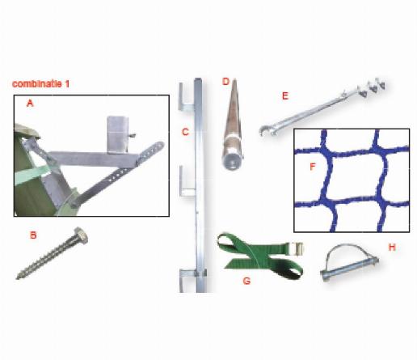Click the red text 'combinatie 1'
click(40, 84)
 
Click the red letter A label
click(30, 103)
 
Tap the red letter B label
click(33, 235)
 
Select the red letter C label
click(185, 132)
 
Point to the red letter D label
click(225, 81)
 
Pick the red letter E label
click(285, 95)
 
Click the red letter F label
click(313, 167)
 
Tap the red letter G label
click(246, 281)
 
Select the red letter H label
click(392, 247)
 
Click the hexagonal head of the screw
click(81, 234)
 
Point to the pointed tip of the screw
click(18, 277)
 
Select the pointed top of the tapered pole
click(234, 80)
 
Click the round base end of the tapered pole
click(232, 163)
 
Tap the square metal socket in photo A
click(117, 134)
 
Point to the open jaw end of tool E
click(266, 131)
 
